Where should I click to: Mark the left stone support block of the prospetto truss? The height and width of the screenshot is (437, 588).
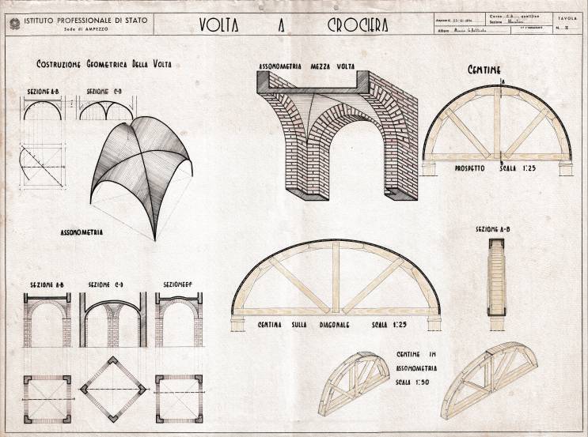[x=433, y=167]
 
